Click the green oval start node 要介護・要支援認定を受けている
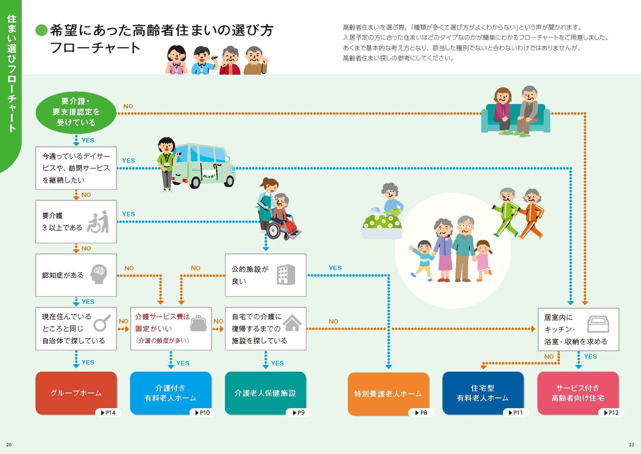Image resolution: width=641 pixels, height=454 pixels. pyautogui.click(x=76, y=112)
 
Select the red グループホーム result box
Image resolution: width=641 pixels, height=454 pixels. pyautogui.click(x=76, y=392)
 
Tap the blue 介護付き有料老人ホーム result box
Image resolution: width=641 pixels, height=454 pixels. pyautogui.click(x=170, y=392)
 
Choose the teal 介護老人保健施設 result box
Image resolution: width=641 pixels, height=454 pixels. pyautogui.click(x=265, y=392)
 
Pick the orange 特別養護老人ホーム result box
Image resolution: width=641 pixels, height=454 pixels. pyautogui.click(x=388, y=393)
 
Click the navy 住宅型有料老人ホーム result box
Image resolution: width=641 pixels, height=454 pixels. pyautogui.click(x=483, y=392)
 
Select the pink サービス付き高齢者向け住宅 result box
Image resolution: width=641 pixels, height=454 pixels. pyautogui.click(x=578, y=392)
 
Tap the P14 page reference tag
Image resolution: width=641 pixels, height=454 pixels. pyautogui.click(x=108, y=413)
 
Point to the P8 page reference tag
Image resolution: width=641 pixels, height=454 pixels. pyautogui.click(x=421, y=413)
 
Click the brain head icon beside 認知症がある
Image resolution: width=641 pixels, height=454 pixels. pyautogui.click(x=99, y=274)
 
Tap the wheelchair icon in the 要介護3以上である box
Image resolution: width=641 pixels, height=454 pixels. pyautogui.click(x=98, y=222)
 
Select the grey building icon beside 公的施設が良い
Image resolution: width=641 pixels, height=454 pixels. pyautogui.click(x=286, y=275)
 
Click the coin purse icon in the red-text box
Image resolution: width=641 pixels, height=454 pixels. pyautogui.click(x=198, y=323)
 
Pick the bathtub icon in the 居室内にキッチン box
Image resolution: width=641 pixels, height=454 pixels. pyautogui.click(x=598, y=324)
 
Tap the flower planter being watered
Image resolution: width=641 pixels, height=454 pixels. pyautogui.click(x=382, y=227)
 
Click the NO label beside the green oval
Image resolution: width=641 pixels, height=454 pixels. pyautogui.click(x=128, y=106)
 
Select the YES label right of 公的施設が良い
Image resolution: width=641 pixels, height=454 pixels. pyautogui.click(x=335, y=268)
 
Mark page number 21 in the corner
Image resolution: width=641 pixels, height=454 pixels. pyautogui.click(x=631, y=445)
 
